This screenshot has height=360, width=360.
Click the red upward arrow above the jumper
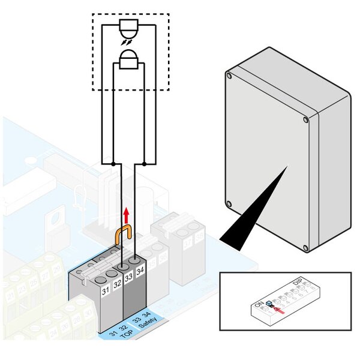[x=127, y=215]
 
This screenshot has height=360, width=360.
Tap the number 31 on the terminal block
[x=105, y=291]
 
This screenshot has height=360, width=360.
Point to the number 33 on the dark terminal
[x=128, y=278]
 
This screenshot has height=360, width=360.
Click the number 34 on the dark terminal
[x=140, y=272]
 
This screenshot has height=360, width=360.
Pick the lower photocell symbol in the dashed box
[x=128, y=61]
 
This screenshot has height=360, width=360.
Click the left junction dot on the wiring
[x=114, y=163]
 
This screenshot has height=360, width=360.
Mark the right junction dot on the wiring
[x=144, y=163]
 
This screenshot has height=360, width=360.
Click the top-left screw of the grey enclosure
[x=229, y=76]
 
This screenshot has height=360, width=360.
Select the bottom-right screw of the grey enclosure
[x=305, y=248]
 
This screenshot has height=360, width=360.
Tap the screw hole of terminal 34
[x=136, y=261]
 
